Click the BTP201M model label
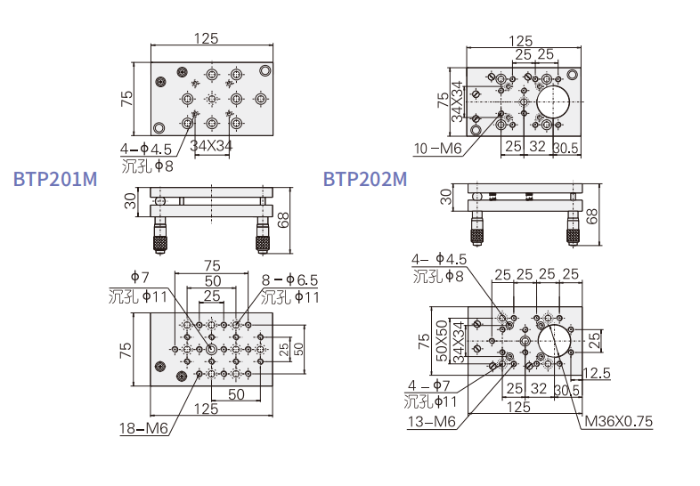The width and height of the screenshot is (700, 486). point(55,179)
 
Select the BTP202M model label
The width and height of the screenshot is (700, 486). point(365,179)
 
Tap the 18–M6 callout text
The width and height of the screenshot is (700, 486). point(143,428)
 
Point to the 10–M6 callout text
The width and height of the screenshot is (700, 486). point(437,148)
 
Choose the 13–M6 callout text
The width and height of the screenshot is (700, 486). point(432,421)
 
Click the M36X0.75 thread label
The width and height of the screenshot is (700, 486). point(618,421)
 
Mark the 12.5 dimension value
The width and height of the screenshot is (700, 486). point(596,373)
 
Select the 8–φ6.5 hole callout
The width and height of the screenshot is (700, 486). point(289,279)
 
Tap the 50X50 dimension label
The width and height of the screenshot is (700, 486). point(442,341)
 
